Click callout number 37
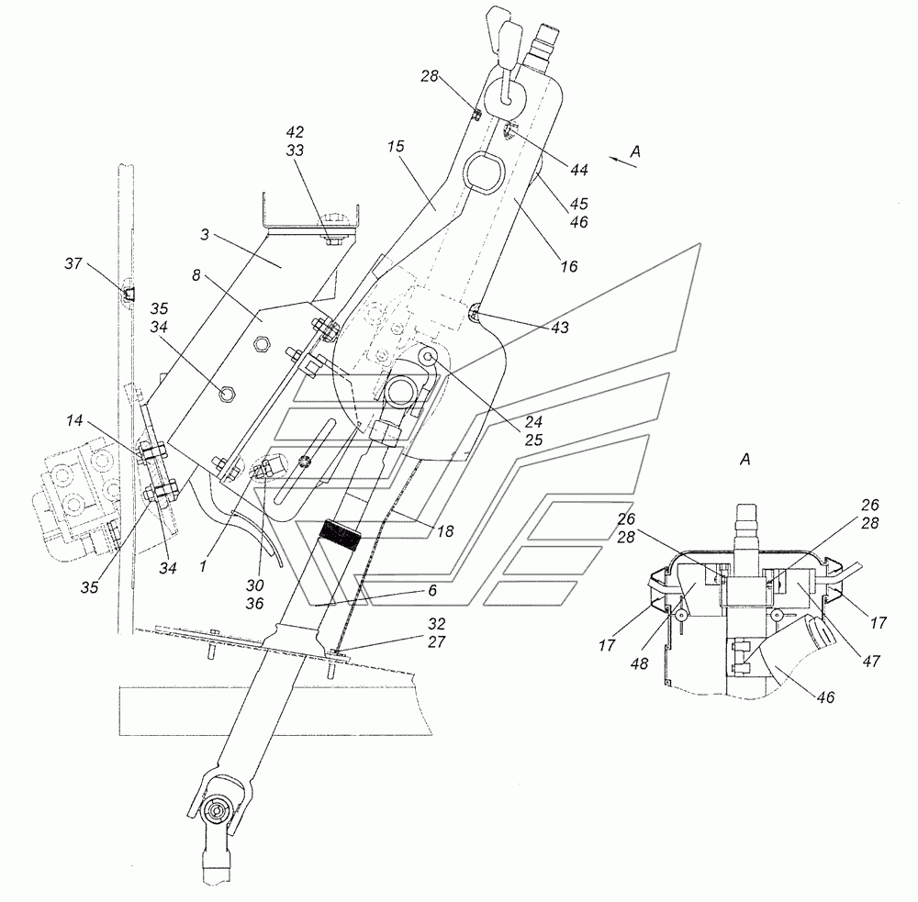(x=73, y=263)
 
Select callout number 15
(x=396, y=146)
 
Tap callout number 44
(x=578, y=170)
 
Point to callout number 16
(x=569, y=266)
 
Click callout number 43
(x=560, y=328)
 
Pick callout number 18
(x=445, y=531)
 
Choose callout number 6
(x=432, y=590)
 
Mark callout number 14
(x=74, y=420)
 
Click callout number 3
(x=205, y=235)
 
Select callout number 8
(x=196, y=275)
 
